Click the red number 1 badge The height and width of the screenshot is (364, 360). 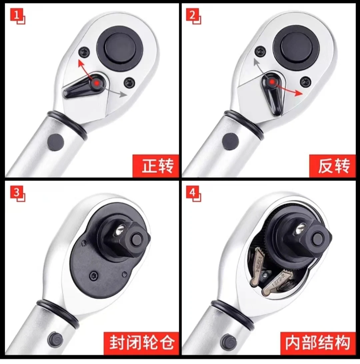(x=16, y=15)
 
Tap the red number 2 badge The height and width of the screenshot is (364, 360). (x=192, y=15)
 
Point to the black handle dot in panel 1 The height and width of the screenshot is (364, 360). (x=55, y=142)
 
